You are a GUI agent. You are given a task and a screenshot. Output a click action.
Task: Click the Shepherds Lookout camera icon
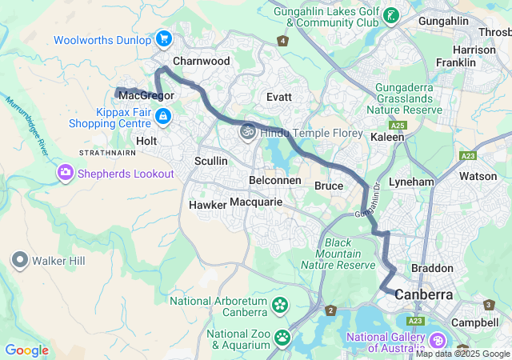(65, 173)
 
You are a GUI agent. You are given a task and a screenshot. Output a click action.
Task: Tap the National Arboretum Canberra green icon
(280, 304)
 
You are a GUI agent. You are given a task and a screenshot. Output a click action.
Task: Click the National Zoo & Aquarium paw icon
(282, 338)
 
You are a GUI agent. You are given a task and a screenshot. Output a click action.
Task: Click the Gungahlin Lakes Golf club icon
(390, 16)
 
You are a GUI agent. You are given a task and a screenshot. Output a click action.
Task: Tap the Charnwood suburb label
(201, 61)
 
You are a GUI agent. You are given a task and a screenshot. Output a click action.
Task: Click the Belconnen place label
(275, 180)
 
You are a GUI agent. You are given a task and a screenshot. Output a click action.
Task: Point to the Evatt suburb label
(279, 96)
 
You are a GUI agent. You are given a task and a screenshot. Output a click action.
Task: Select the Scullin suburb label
(211, 161)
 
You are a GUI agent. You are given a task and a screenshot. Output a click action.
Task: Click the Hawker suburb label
(207, 205)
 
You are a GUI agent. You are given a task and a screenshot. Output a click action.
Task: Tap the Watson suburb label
(478, 175)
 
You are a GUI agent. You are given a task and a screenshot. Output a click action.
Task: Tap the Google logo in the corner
(26, 350)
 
